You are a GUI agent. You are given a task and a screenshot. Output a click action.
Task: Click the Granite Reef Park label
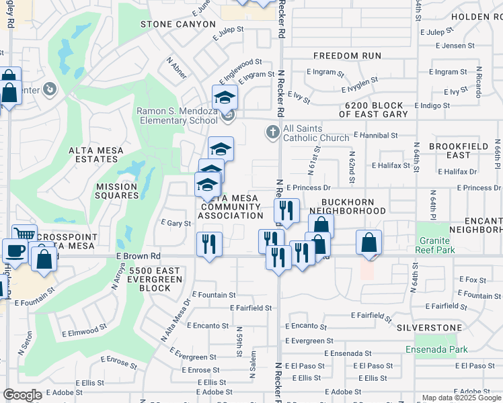coord(436,245)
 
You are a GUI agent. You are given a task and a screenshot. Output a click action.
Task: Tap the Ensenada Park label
coord(436,349)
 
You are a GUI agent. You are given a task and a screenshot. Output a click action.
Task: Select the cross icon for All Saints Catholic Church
coord(273,132)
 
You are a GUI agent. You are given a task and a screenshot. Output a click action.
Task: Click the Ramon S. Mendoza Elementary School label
coord(176,116)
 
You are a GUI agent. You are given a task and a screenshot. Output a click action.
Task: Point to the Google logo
coord(22,395)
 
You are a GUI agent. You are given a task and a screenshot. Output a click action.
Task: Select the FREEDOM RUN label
coord(347,56)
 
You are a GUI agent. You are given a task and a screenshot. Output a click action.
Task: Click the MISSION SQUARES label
coord(117,191)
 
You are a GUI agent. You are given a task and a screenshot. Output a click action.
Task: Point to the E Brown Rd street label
coord(138,256)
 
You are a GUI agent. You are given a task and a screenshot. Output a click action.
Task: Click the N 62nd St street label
coord(351,162)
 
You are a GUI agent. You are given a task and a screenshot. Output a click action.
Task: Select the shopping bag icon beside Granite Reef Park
coord(369,242)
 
